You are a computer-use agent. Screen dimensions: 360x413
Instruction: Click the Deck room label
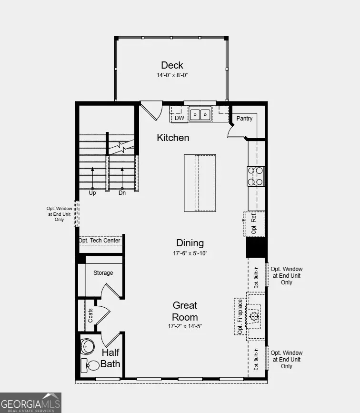(x=172, y=65)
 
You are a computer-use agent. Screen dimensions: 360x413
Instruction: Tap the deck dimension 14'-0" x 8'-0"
(x=172, y=75)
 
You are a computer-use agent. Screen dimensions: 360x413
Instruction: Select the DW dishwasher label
(x=180, y=118)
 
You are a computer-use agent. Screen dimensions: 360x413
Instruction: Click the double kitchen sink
(x=200, y=115)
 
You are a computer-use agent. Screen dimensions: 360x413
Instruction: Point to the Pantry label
(x=244, y=118)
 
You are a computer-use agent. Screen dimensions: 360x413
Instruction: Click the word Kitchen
(x=173, y=138)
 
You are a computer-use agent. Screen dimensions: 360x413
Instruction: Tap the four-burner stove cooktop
(x=255, y=176)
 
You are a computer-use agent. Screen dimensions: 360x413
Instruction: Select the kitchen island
(x=200, y=183)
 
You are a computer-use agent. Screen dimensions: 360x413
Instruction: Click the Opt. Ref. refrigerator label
(x=254, y=223)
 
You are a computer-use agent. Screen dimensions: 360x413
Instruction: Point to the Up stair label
(x=92, y=193)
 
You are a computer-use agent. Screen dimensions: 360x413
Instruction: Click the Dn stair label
(x=122, y=193)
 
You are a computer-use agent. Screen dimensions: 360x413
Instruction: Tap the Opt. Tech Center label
(x=100, y=241)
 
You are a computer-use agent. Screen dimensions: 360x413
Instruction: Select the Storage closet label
(x=103, y=273)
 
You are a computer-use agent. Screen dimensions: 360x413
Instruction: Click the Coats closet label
(x=90, y=315)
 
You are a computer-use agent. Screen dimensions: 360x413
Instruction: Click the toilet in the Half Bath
(x=90, y=365)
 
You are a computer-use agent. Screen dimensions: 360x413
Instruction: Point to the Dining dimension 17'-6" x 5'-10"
(x=190, y=253)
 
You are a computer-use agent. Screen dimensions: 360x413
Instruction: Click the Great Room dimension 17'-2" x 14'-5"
(x=185, y=326)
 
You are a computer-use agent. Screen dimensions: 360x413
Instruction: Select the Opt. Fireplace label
(x=240, y=317)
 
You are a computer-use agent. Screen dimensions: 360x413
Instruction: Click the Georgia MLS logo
(x=30, y=403)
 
